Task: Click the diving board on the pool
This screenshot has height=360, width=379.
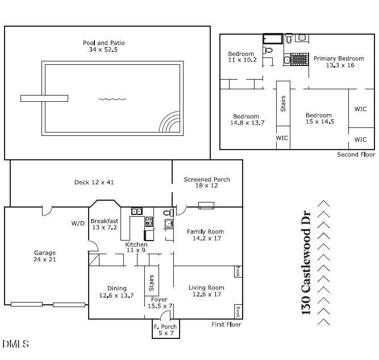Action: pos(44,98)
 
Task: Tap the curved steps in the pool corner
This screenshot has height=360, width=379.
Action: pos(170,123)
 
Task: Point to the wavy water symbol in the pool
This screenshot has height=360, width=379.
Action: pos(112,99)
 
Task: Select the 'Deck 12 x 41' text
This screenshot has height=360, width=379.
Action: pos(94,183)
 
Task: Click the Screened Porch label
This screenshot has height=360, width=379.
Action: pos(207,183)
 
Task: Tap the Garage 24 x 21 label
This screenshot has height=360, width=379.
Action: pos(44,256)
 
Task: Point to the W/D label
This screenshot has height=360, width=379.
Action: pos(78,222)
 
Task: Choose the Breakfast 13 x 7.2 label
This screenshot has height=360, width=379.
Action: pos(104,224)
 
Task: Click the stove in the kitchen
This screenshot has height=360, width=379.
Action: pos(149,222)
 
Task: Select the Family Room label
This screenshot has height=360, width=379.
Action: pos(205,235)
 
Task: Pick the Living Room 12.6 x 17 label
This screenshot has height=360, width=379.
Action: pos(206,291)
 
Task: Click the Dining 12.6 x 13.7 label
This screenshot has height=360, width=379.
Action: pos(116,292)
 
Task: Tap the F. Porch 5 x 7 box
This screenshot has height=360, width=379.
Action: pos(165,330)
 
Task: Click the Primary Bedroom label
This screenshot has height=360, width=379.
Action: pos(339,62)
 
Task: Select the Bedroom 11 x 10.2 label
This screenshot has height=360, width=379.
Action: pos(242,56)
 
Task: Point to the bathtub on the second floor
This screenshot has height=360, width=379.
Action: pos(273,39)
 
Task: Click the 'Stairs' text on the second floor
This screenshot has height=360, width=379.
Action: pos(283,104)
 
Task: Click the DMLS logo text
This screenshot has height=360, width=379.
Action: pos(15,344)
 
